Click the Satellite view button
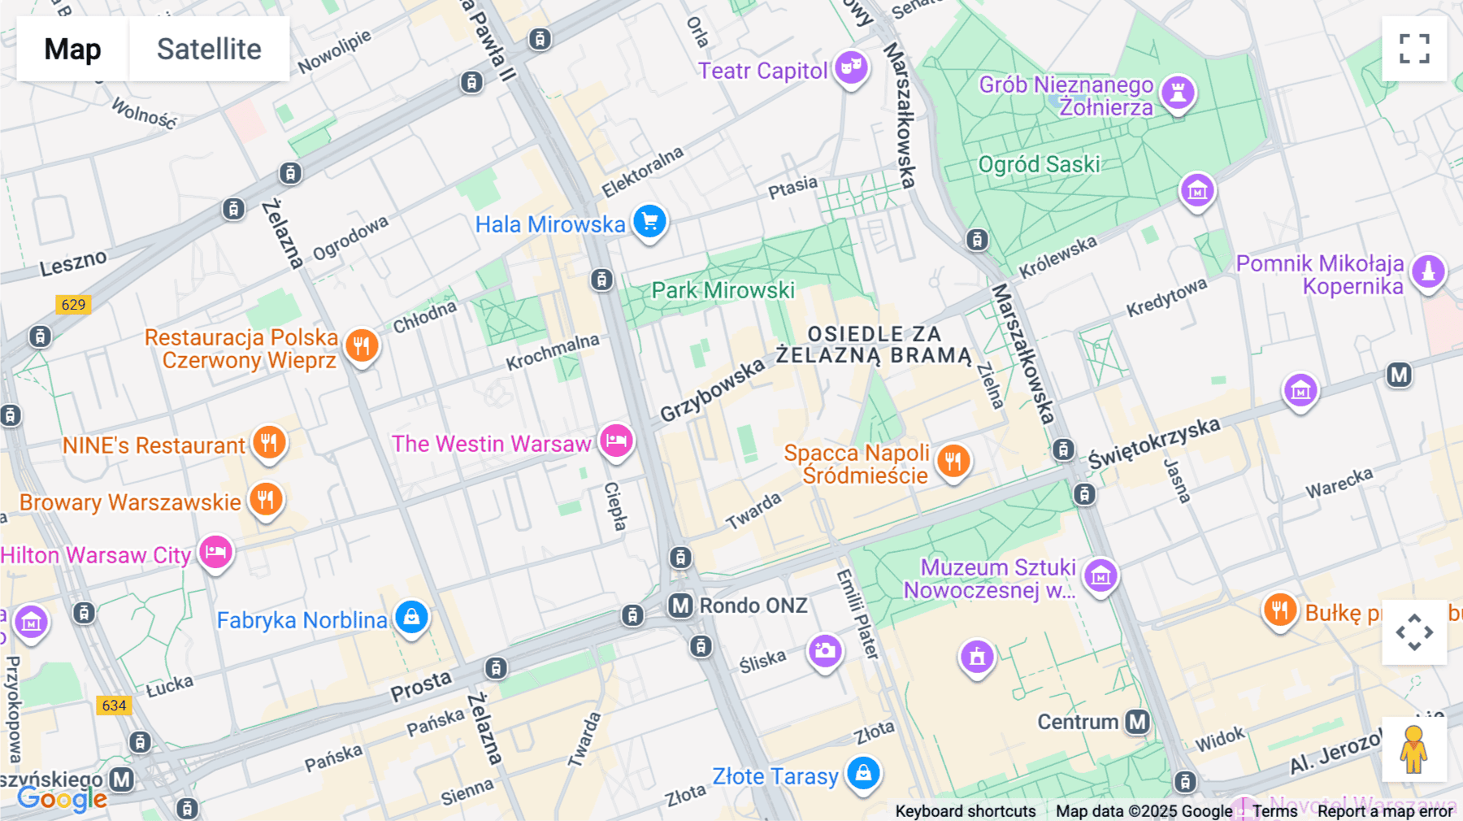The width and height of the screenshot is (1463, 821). click(209, 49)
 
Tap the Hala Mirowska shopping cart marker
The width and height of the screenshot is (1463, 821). click(649, 221)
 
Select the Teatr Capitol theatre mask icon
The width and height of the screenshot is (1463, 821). click(851, 67)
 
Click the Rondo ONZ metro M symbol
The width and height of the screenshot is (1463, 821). click(680, 606)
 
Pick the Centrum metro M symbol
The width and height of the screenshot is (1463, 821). click(1137, 722)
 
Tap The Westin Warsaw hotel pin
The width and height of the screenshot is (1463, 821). click(616, 441)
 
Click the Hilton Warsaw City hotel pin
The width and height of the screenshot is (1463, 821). click(215, 553)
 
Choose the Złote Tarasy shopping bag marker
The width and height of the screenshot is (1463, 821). click(863, 772)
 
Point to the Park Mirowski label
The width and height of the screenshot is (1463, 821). click(723, 290)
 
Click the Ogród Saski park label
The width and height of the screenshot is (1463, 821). click(1039, 164)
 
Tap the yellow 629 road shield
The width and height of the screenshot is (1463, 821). click(73, 305)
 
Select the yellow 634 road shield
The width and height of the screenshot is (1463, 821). click(114, 705)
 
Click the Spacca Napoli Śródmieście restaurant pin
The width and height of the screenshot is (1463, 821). click(953, 461)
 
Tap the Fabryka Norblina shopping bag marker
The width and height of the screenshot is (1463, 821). click(411, 618)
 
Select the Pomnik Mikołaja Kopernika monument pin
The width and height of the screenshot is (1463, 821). click(1428, 271)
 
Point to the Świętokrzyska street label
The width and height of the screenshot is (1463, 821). click(1154, 443)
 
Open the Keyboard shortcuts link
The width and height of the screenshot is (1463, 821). click(965, 811)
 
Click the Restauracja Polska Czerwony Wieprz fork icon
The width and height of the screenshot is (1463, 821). click(362, 345)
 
